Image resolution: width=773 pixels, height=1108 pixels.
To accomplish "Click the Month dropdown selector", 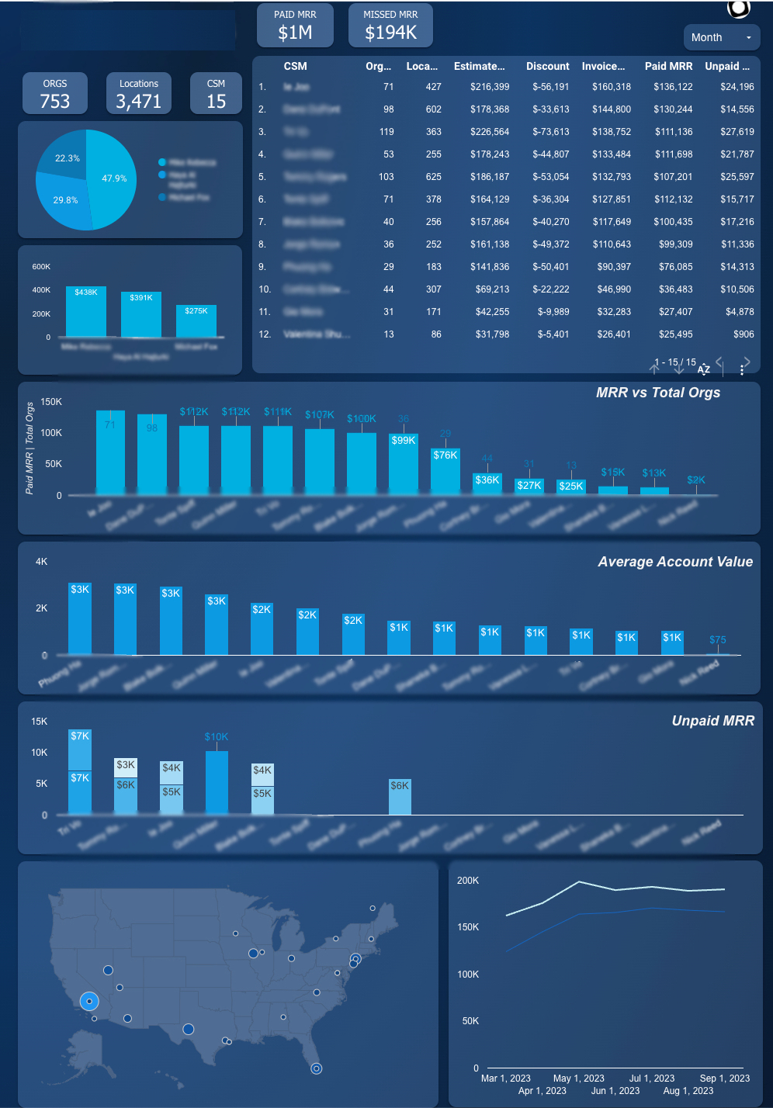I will pyautogui.click(x=721, y=37).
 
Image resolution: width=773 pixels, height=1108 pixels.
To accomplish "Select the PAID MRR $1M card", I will pyautogui.click(x=295, y=25).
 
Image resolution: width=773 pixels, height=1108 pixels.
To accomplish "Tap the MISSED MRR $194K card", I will pyautogui.click(x=390, y=25).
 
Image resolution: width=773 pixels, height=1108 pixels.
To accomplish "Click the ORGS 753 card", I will pyautogui.click(x=55, y=93).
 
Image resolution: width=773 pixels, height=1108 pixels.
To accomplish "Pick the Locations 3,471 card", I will pyautogui.click(x=139, y=93).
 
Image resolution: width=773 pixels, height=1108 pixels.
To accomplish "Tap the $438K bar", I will pyautogui.click(x=86, y=311).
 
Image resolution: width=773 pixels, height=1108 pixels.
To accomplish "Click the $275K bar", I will pyautogui.click(x=196, y=320).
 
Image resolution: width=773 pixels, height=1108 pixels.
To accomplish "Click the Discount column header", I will pyautogui.click(x=547, y=66).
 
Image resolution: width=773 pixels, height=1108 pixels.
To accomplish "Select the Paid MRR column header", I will pyautogui.click(x=668, y=66).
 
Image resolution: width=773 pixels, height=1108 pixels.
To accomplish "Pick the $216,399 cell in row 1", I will pyautogui.click(x=490, y=87).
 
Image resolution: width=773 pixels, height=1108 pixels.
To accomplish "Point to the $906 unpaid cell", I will pyautogui.click(x=744, y=334).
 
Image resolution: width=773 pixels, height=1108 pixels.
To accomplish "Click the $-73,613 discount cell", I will pyautogui.click(x=550, y=132).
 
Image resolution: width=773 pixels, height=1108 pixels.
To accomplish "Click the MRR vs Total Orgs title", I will pyautogui.click(x=657, y=393).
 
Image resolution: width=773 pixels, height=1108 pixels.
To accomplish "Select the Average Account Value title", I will pyautogui.click(x=675, y=562).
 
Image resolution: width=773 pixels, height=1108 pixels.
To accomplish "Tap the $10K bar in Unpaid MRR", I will pyautogui.click(x=217, y=782).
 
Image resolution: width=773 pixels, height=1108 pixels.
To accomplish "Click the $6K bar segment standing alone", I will pyautogui.click(x=400, y=797).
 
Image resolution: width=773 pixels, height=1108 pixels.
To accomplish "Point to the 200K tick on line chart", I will pyautogui.click(x=468, y=881).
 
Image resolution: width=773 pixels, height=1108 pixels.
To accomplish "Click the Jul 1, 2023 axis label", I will pyautogui.click(x=651, y=1079).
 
